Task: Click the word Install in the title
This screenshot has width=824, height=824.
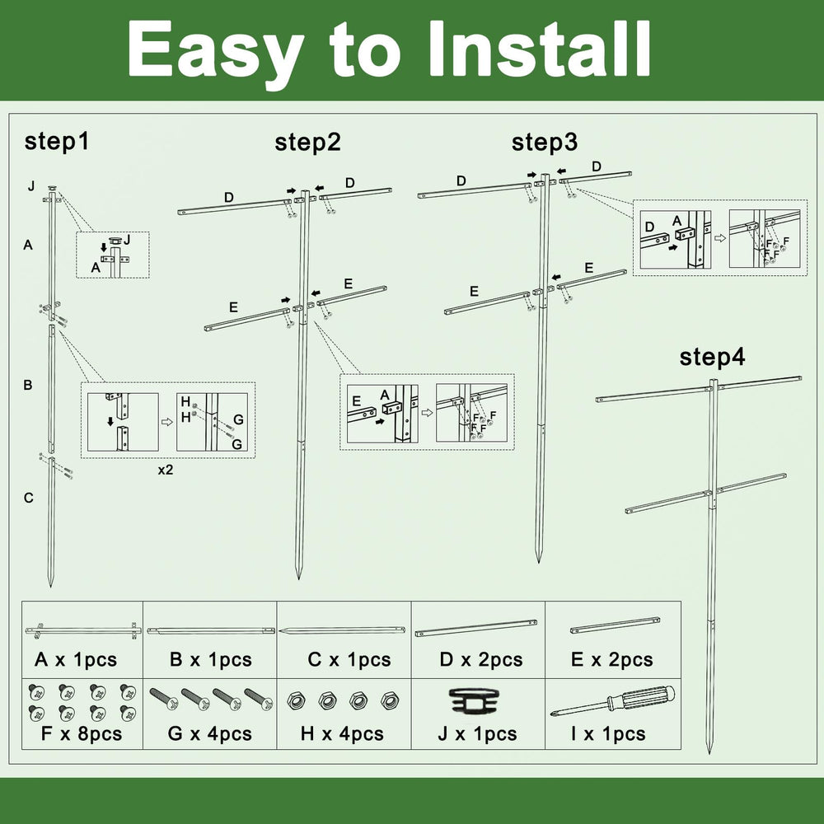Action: (539, 49)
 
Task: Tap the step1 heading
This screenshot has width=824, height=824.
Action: (57, 143)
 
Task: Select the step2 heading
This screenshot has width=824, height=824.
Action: (307, 143)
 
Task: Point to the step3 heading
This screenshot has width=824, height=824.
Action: (545, 143)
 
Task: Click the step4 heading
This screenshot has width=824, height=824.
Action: (712, 358)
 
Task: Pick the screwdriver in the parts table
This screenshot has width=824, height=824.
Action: (613, 701)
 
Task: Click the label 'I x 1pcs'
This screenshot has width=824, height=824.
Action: (609, 733)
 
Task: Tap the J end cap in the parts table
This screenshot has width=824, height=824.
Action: (476, 701)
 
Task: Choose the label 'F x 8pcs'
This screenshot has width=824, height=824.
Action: (82, 733)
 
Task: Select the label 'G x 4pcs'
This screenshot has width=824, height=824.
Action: (209, 733)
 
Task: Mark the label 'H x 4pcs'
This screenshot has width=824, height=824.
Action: (342, 733)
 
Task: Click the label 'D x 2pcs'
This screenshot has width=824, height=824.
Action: (481, 659)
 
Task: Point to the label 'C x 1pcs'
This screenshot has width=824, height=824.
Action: (349, 659)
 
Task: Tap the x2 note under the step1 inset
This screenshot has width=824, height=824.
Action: (166, 470)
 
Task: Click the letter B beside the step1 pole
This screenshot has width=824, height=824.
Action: (28, 385)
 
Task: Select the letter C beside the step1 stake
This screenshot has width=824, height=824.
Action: (28, 498)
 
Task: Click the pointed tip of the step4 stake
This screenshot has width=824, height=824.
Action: (709, 752)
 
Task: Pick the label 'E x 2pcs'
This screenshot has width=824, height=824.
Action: (611, 659)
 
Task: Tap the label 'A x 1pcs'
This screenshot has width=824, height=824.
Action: (76, 659)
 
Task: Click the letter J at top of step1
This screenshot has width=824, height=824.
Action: (31, 186)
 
